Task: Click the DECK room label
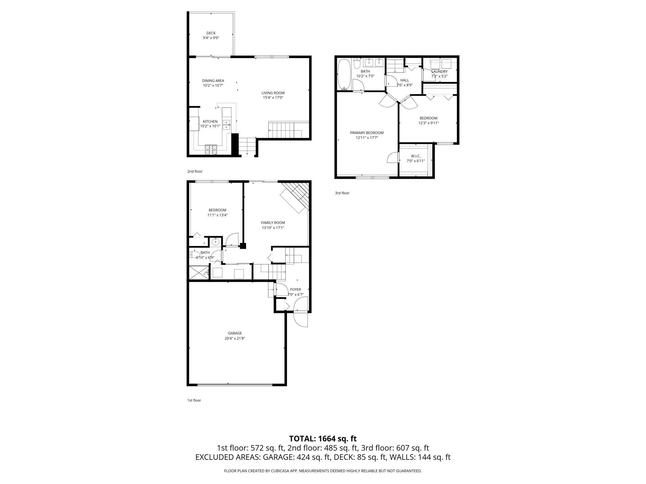[211, 33]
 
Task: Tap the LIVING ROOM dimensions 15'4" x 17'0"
[273, 98]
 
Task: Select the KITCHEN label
[210, 122]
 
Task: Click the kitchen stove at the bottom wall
[211, 150]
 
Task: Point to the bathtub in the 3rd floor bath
[344, 74]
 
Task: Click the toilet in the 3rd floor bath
[357, 64]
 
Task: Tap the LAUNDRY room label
[439, 72]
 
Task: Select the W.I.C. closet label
[416, 156]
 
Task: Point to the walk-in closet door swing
[393, 158]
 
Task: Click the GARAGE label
[234, 333]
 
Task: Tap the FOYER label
[295, 289]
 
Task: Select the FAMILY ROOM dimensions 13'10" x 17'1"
[273, 228]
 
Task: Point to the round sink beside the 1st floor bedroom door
[215, 241]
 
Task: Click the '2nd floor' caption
[195, 171]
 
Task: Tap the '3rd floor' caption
[342, 193]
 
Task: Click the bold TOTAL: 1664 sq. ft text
[323, 439]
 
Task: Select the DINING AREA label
[213, 81]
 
